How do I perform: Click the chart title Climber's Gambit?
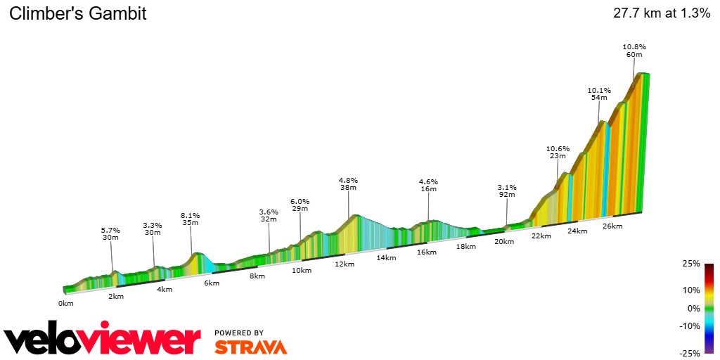point(78,13)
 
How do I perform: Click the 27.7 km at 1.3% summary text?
point(662,13)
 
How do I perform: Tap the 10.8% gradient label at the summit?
point(634,47)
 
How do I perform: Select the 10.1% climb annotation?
point(599,90)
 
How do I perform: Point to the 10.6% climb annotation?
point(558,148)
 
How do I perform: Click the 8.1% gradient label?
point(191,216)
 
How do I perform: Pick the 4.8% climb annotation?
point(349,180)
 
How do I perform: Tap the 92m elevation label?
point(507,196)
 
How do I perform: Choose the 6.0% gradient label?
point(300,201)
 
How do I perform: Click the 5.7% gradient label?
point(110,230)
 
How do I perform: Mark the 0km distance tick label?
point(66,304)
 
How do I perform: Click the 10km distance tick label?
point(302,271)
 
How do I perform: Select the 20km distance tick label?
point(504,241)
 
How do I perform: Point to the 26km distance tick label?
point(612,226)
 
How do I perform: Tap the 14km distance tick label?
point(386,258)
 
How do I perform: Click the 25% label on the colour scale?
point(692,264)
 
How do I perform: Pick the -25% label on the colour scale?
point(690,353)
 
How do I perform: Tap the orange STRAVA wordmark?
point(250,347)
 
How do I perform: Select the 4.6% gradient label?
point(428,182)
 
